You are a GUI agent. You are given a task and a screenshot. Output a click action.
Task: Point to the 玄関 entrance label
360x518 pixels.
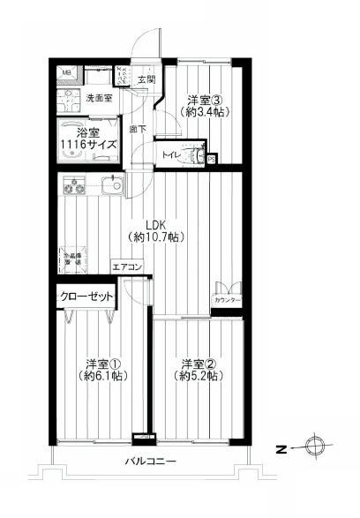pos(146,79)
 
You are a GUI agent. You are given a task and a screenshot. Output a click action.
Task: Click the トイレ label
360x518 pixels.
pos(171,156)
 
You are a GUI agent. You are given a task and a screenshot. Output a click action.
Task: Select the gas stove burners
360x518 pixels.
pos(72,188)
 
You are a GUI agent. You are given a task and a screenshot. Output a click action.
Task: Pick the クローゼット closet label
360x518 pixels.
pos(86,297)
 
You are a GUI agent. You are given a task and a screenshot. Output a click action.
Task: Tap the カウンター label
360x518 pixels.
pos(226,301)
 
